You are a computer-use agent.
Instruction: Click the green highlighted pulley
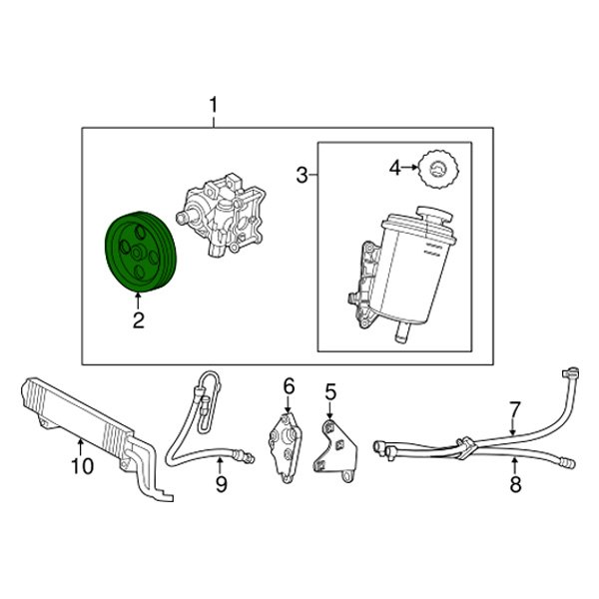click(x=140, y=253)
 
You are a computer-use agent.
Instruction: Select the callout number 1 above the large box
click(x=214, y=105)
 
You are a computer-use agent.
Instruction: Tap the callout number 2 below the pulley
click(x=138, y=320)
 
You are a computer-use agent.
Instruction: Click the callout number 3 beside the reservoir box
click(x=301, y=176)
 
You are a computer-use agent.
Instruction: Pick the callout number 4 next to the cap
click(x=395, y=168)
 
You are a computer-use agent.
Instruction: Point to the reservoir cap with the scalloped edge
click(x=438, y=169)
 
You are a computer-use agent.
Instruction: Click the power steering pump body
click(x=221, y=215)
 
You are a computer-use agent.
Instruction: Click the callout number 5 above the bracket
click(x=330, y=392)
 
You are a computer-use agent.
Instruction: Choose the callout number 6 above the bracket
click(x=290, y=386)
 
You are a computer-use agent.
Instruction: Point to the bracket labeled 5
click(x=335, y=451)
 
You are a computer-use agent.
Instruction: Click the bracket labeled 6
click(x=286, y=448)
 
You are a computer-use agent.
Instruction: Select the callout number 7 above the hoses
click(x=514, y=410)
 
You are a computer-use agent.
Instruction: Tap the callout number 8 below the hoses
click(x=515, y=484)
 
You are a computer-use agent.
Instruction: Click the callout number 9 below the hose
click(x=222, y=484)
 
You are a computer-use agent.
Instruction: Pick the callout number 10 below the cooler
click(x=82, y=465)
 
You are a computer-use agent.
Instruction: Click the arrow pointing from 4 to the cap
click(x=410, y=168)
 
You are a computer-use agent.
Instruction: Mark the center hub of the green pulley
click(x=138, y=253)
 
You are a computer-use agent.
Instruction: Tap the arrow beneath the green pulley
click(x=138, y=301)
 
